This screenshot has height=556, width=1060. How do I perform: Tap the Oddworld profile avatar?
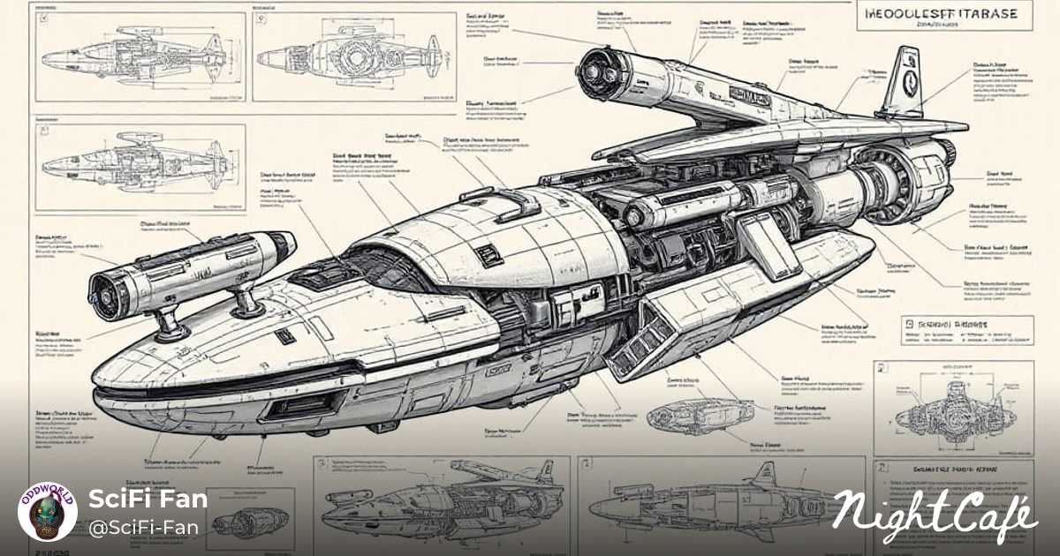[46, 511]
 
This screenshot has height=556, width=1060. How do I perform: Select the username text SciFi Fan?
[148, 499]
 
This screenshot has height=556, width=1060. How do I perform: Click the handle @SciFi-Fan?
[143, 528]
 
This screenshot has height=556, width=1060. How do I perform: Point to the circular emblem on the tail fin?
[908, 80]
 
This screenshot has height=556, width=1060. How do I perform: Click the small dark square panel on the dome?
[488, 256]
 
